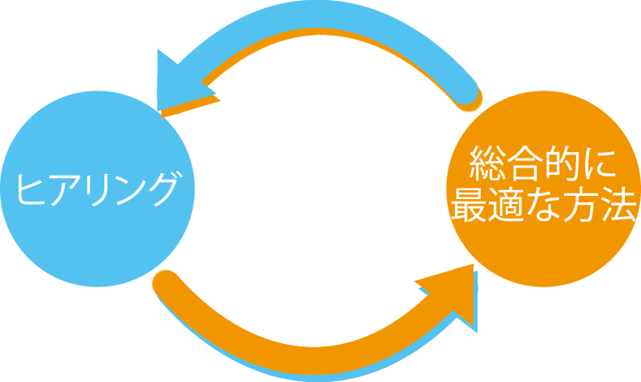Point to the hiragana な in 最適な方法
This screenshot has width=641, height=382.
542,206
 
